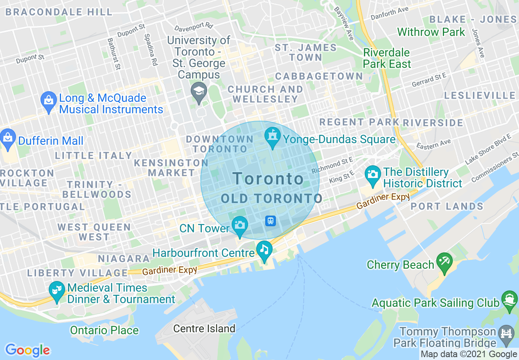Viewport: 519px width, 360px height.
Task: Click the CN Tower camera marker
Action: click(x=239, y=225)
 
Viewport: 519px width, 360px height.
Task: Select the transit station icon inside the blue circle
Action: click(x=271, y=221)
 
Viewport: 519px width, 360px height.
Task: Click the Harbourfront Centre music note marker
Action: click(x=264, y=249)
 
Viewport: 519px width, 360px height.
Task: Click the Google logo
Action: click(x=27, y=350)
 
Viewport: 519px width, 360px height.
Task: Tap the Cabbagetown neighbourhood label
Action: click(x=319, y=76)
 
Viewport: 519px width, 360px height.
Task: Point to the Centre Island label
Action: click(x=204, y=328)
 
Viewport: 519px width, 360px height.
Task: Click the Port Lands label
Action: click(x=447, y=207)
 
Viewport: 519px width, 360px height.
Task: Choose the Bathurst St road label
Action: click(x=114, y=54)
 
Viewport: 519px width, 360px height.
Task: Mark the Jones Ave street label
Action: click(x=478, y=43)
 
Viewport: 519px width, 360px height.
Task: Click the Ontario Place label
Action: click(x=104, y=330)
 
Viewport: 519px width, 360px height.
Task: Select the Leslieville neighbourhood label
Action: click(x=480, y=96)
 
